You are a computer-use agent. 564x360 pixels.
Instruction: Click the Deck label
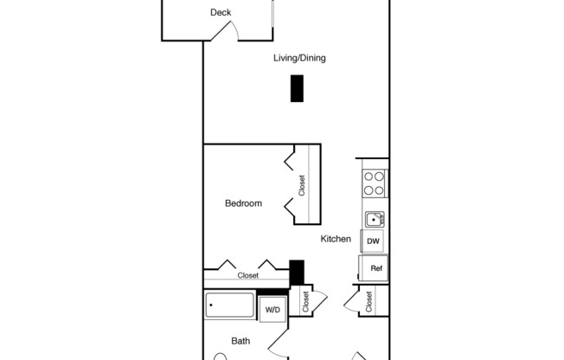tap(221, 13)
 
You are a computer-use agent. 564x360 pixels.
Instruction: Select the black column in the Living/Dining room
tap(297, 89)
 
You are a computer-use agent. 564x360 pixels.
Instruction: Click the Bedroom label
tap(243, 203)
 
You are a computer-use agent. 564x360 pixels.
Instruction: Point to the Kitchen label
tap(336, 239)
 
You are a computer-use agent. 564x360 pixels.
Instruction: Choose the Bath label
tap(241, 341)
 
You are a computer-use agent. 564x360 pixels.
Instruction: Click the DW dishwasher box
tap(373, 241)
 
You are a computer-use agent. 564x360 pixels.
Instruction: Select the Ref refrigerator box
tap(375, 268)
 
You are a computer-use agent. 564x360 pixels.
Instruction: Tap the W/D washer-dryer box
tap(272, 309)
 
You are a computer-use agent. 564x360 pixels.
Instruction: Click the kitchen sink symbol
tap(374, 219)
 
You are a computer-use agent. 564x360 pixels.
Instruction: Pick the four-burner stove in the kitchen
tap(374, 183)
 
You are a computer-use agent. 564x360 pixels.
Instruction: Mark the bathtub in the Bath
tap(230, 306)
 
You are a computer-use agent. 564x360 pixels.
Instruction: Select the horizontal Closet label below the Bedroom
tap(248, 275)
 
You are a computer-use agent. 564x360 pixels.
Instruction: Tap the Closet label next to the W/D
tap(306, 301)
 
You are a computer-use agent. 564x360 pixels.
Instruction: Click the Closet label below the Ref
tap(369, 301)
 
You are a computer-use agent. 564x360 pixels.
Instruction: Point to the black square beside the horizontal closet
tap(297, 272)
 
